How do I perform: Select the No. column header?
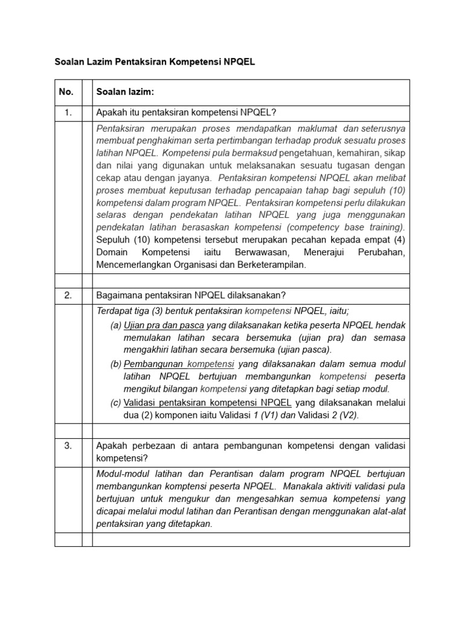click(66, 92)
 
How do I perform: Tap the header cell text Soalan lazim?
click(125, 92)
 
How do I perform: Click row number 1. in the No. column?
click(68, 112)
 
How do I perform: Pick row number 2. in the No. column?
click(68, 295)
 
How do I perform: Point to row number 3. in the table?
click(68, 445)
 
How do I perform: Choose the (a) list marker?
click(115, 325)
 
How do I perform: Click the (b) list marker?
click(115, 363)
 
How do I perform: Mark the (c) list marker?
click(115, 402)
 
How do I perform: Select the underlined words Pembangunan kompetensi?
click(179, 363)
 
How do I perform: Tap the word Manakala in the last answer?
click(300, 486)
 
